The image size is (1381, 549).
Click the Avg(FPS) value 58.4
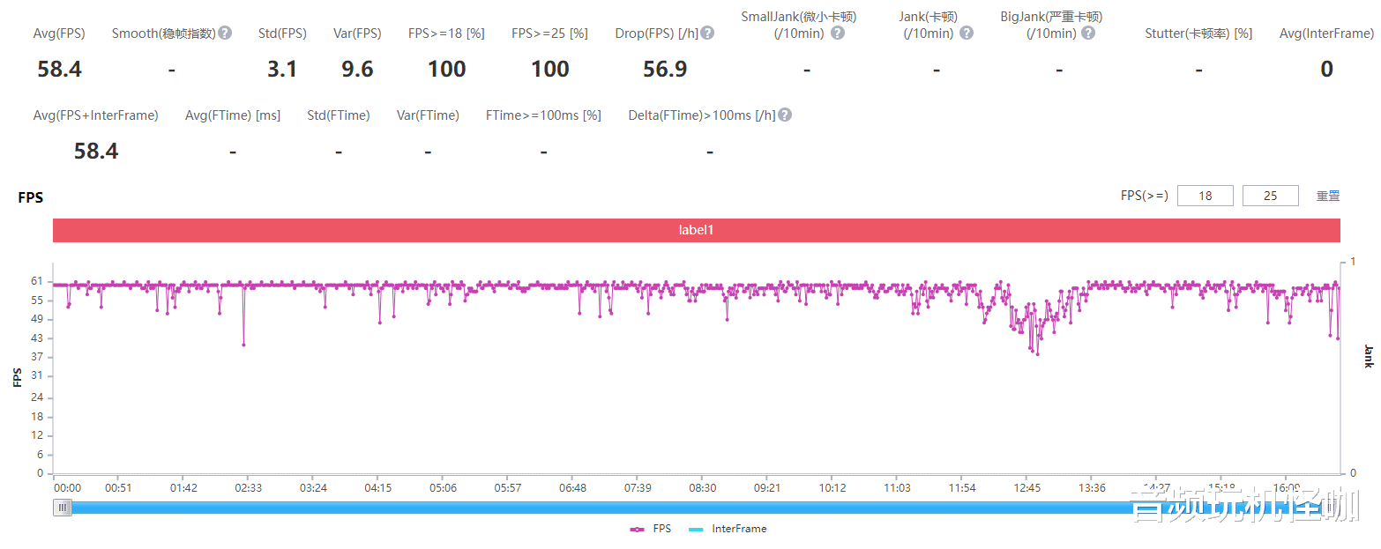pyautogui.click(x=59, y=70)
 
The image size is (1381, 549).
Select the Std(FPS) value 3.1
pyautogui.click(x=282, y=70)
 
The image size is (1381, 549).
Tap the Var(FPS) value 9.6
pyautogui.click(x=357, y=70)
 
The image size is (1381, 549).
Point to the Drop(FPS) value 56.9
pyautogui.click(x=665, y=70)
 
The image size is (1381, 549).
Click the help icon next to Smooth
pyautogui.click(x=225, y=33)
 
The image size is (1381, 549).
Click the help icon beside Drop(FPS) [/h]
pyautogui.click(x=707, y=33)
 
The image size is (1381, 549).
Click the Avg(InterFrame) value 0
pyautogui.click(x=1326, y=70)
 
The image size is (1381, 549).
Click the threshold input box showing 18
pyautogui.click(x=1205, y=196)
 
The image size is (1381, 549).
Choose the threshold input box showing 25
pyautogui.click(x=1270, y=196)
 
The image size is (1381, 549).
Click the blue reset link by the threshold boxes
pyautogui.click(x=1328, y=196)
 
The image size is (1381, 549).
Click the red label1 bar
pyautogui.click(x=696, y=230)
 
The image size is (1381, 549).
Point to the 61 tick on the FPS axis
pyautogui.click(x=37, y=281)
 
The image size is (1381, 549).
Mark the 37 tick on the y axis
pyautogui.click(x=37, y=357)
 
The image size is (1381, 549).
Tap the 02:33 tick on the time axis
pyautogui.click(x=248, y=488)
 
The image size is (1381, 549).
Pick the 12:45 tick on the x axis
pyautogui.click(x=1027, y=488)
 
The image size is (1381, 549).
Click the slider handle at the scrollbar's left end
pyautogui.click(x=63, y=508)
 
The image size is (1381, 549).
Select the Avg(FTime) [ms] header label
pyautogui.click(x=233, y=115)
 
